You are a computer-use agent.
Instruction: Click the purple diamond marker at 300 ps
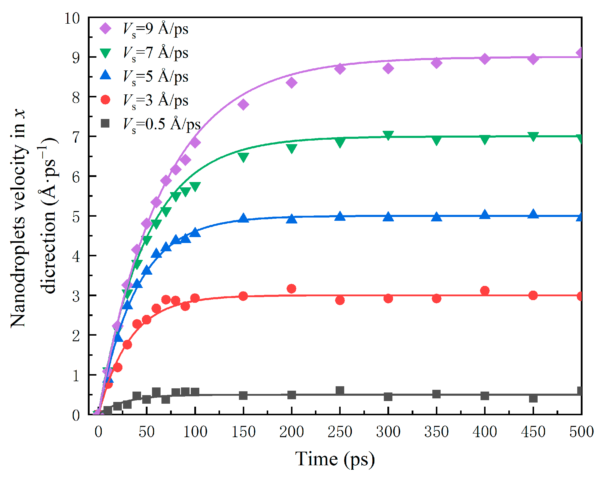point(388,68)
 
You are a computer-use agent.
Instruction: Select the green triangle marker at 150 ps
point(243,157)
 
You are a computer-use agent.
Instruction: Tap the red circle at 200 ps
point(291,289)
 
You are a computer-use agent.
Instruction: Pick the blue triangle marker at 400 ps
point(485,215)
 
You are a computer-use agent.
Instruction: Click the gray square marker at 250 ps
point(340,390)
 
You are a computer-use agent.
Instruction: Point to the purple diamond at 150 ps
point(243,104)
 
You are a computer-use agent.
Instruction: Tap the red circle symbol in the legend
point(105,100)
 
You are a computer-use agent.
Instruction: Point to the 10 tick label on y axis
point(72,19)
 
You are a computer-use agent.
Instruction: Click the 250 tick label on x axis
point(340,432)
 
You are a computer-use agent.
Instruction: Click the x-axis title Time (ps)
point(335,459)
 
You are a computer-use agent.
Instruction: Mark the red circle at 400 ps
point(485,291)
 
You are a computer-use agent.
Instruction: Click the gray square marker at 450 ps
point(533,398)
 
